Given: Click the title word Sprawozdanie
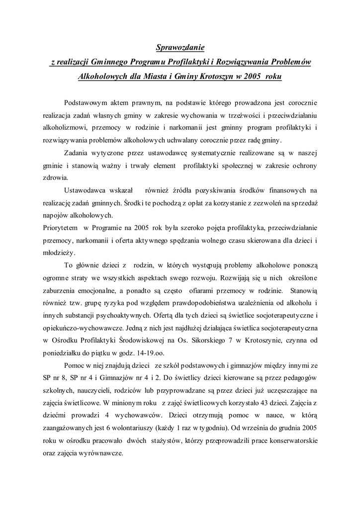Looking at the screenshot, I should pyautogui.click(x=180, y=48).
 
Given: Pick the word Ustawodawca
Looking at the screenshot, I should pyautogui.click(x=85, y=190).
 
